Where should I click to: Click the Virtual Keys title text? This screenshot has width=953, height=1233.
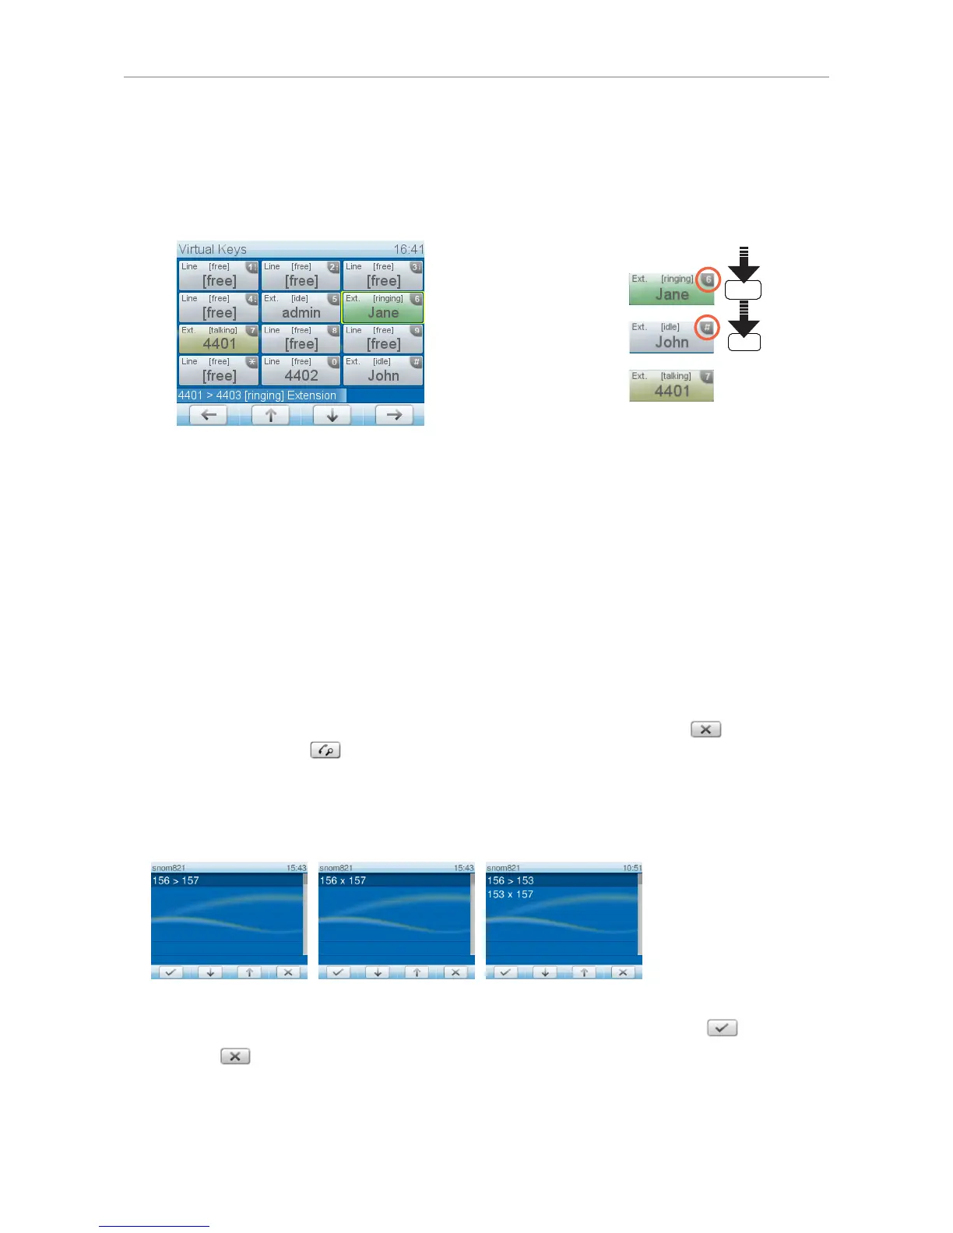coord(213,249)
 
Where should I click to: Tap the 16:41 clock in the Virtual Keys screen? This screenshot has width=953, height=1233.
coord(408,249)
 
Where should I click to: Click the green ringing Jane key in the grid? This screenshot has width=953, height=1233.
coord(383,307)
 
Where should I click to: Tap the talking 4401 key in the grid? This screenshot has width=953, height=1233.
coord(219,339)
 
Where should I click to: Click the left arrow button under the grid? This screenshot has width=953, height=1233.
coord(209,415)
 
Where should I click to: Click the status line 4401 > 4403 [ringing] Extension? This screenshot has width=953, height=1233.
coord(258,395)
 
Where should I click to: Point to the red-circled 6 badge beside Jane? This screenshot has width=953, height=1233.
coord(708,279)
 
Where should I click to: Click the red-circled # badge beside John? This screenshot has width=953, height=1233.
coord(707,328)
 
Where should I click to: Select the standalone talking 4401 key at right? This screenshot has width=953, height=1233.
coord(671,385)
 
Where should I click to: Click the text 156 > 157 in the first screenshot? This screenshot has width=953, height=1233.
coord(176,880)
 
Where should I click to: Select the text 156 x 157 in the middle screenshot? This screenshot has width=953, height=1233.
coord(343,880)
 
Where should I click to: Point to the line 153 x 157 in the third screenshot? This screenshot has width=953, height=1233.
coord(510,894)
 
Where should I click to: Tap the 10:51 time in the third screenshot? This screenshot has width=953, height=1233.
coord(632,868)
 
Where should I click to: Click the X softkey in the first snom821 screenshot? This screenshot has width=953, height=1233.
coord(288,972)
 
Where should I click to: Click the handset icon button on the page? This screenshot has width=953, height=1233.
coord(325,750)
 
